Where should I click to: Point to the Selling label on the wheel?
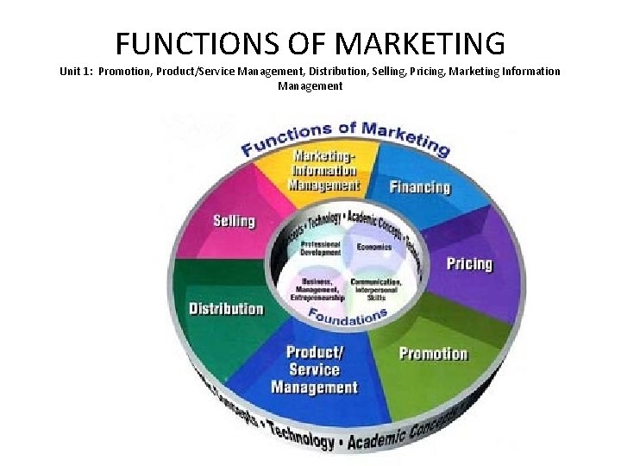click(x=234, y=221)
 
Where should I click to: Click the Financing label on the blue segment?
click(x=420, y=187)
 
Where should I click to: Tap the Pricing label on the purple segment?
click(x=469, y=264)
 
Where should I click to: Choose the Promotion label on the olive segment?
click(x=433, y=353)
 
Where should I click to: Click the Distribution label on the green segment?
click(x=226, y=308)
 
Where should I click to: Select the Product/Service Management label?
click(x=314, y=369)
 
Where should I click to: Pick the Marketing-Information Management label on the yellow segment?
click(x=323, y=170)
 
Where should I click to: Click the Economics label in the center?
click(x=374, y=247)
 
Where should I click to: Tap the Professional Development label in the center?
click(x=320, y=247)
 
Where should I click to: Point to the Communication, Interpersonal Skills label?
click(x=376, y=287)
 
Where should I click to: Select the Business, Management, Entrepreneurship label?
click(x=318, y=290)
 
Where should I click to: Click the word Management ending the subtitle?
click(x=310, y=85)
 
